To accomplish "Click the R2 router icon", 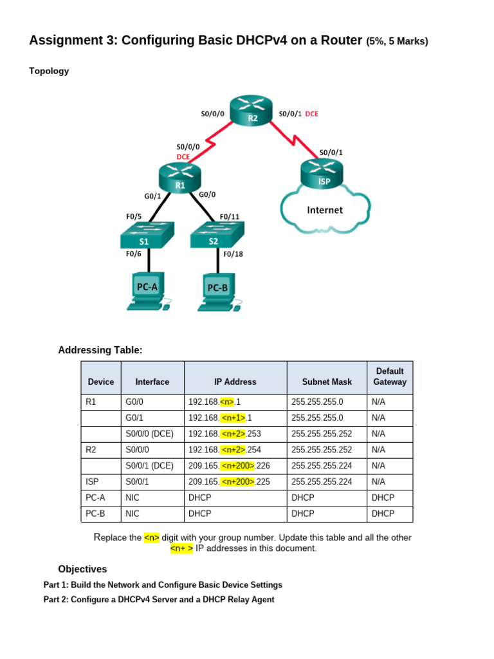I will pos(253,110).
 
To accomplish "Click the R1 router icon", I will pos(180,178).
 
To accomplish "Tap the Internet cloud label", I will pos(325,210).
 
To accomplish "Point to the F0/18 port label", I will pos(233,254).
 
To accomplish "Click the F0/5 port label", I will pos(134,216).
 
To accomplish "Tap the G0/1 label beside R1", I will pos(152,196).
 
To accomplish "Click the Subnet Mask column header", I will pos(327,382).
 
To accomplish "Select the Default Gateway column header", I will pos(390,376).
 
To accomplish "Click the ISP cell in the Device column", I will pos(93,481).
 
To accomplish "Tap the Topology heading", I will pos(49,71).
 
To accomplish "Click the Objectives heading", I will pos(82,569).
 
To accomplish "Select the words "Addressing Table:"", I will pos(100,350).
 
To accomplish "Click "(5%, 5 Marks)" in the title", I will pos(397,42).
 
